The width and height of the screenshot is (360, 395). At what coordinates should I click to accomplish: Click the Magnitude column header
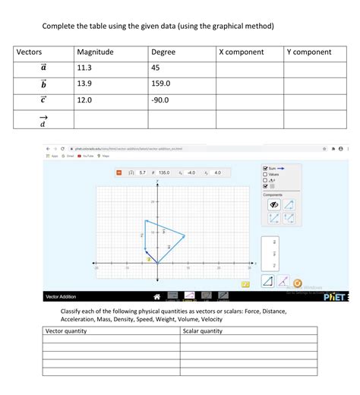[95, 52]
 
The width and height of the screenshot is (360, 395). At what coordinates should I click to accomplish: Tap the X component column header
[241, 52]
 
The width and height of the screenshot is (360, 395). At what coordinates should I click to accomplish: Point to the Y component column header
[309, 52]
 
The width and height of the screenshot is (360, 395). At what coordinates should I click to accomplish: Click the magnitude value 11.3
[84, 68]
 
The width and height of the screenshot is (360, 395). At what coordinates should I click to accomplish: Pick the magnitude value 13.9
[84, 84]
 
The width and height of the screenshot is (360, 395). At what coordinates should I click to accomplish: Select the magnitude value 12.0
[84, 100]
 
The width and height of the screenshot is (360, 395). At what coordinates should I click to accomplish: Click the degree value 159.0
[163, 84]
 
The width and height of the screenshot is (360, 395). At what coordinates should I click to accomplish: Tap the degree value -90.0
[162, 100]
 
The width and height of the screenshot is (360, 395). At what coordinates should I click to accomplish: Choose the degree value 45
[156, 68]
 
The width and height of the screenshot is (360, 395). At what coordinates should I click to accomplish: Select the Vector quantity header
[67, 331]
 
